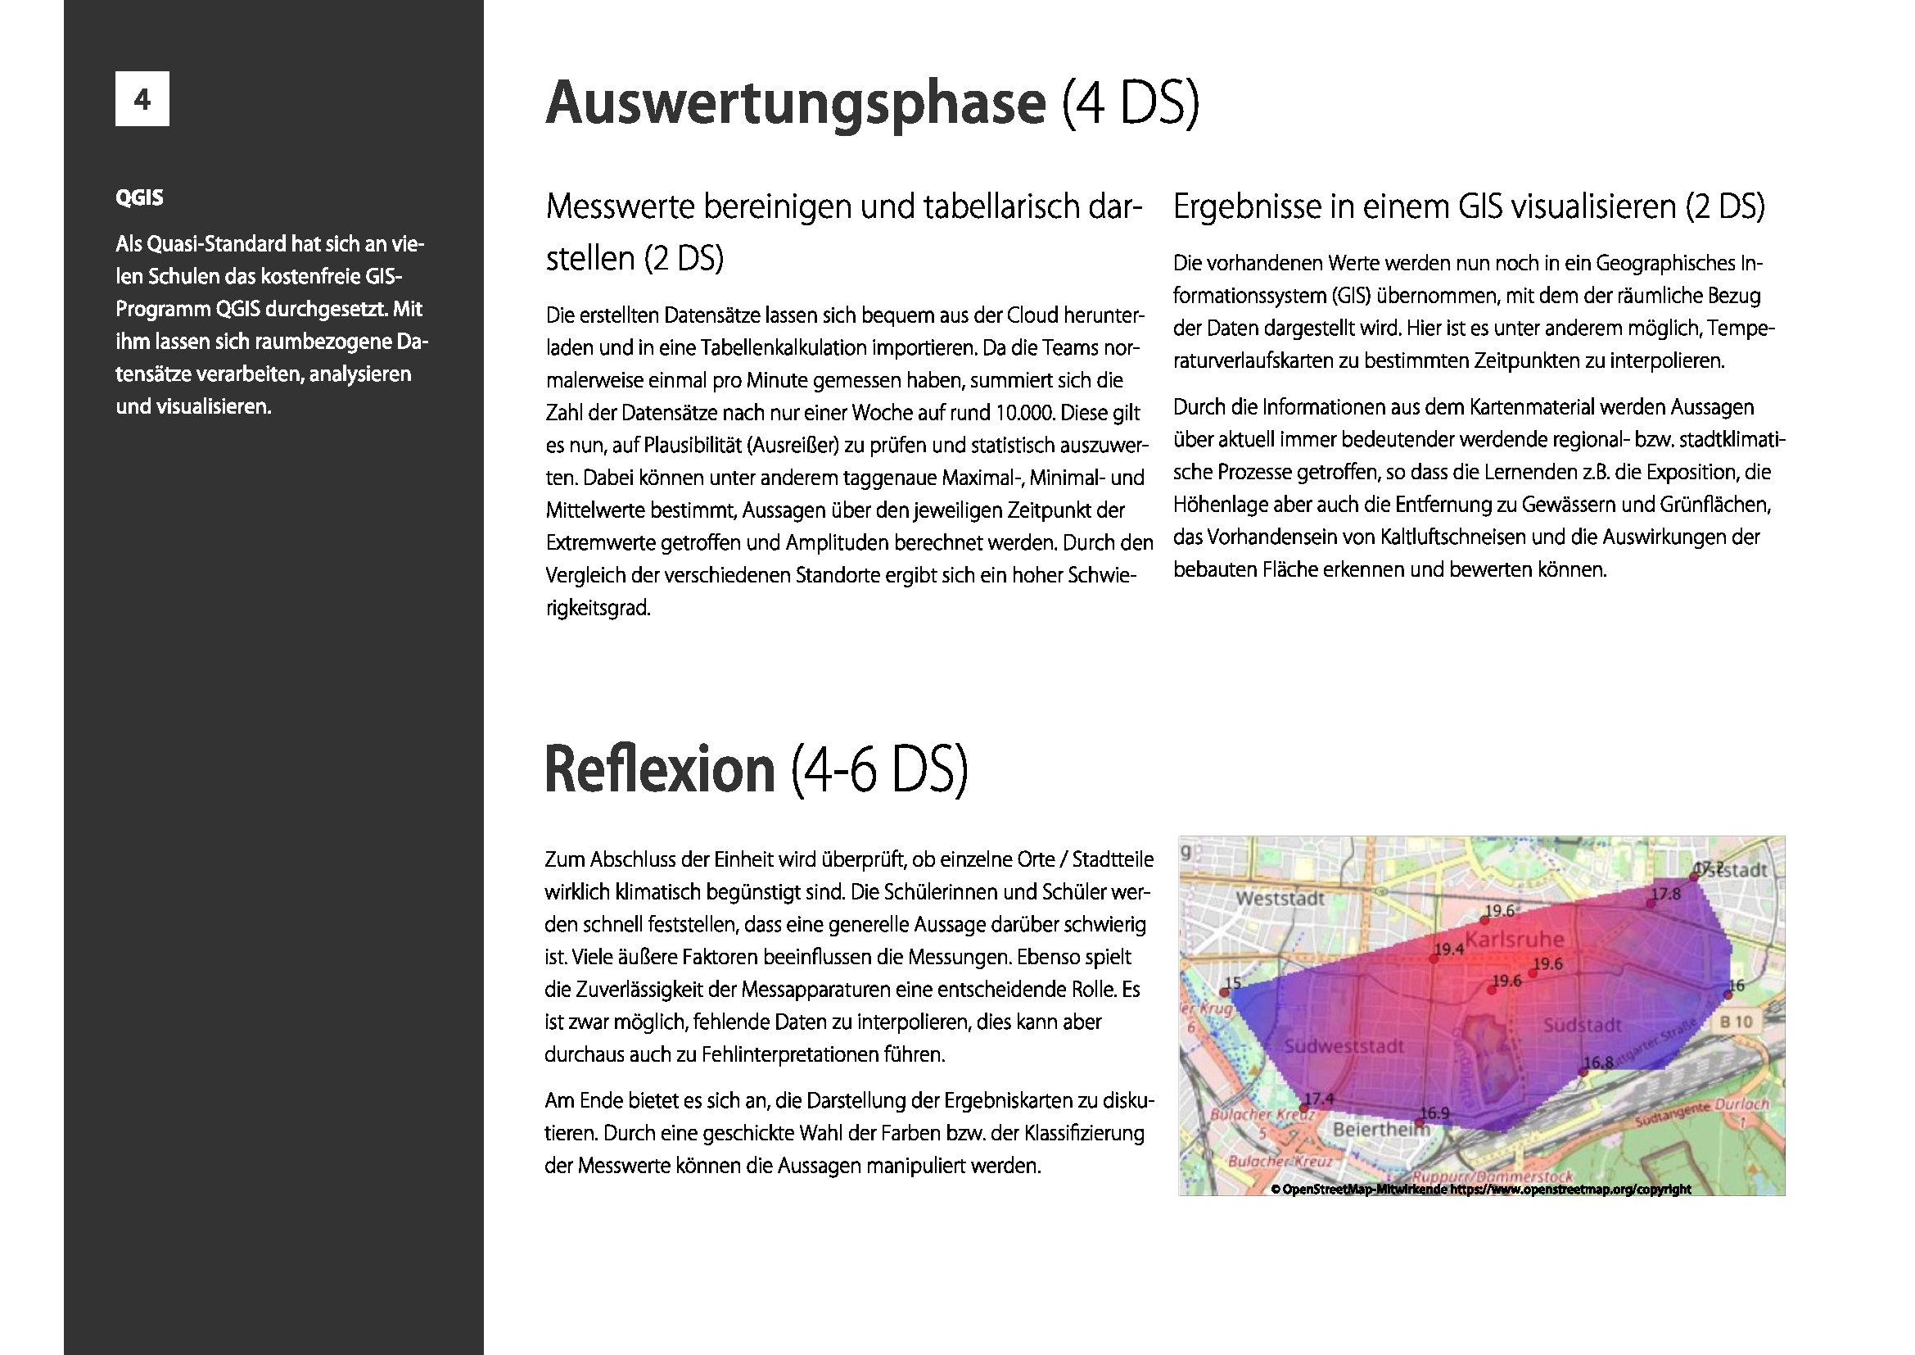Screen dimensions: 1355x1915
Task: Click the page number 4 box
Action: (142, 99)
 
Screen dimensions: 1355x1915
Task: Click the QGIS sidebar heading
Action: (139, 197)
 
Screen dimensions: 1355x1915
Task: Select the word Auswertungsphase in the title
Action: (796, 103)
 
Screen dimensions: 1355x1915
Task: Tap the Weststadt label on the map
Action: (1280, 899)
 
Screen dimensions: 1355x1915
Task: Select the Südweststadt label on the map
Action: (1344, 1046)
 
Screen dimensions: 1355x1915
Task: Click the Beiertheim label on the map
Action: (1381, 1129)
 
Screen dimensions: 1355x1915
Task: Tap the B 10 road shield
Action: (1736, 1022)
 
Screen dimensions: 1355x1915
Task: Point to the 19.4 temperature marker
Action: (1434, 958)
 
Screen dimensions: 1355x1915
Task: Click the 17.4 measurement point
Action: (1305, 1108)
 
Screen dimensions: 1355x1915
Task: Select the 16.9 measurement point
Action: (1420, 1122)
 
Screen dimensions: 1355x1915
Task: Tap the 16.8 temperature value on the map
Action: (1598, 1063)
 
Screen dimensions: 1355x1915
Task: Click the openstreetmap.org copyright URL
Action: (1570, 1190)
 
